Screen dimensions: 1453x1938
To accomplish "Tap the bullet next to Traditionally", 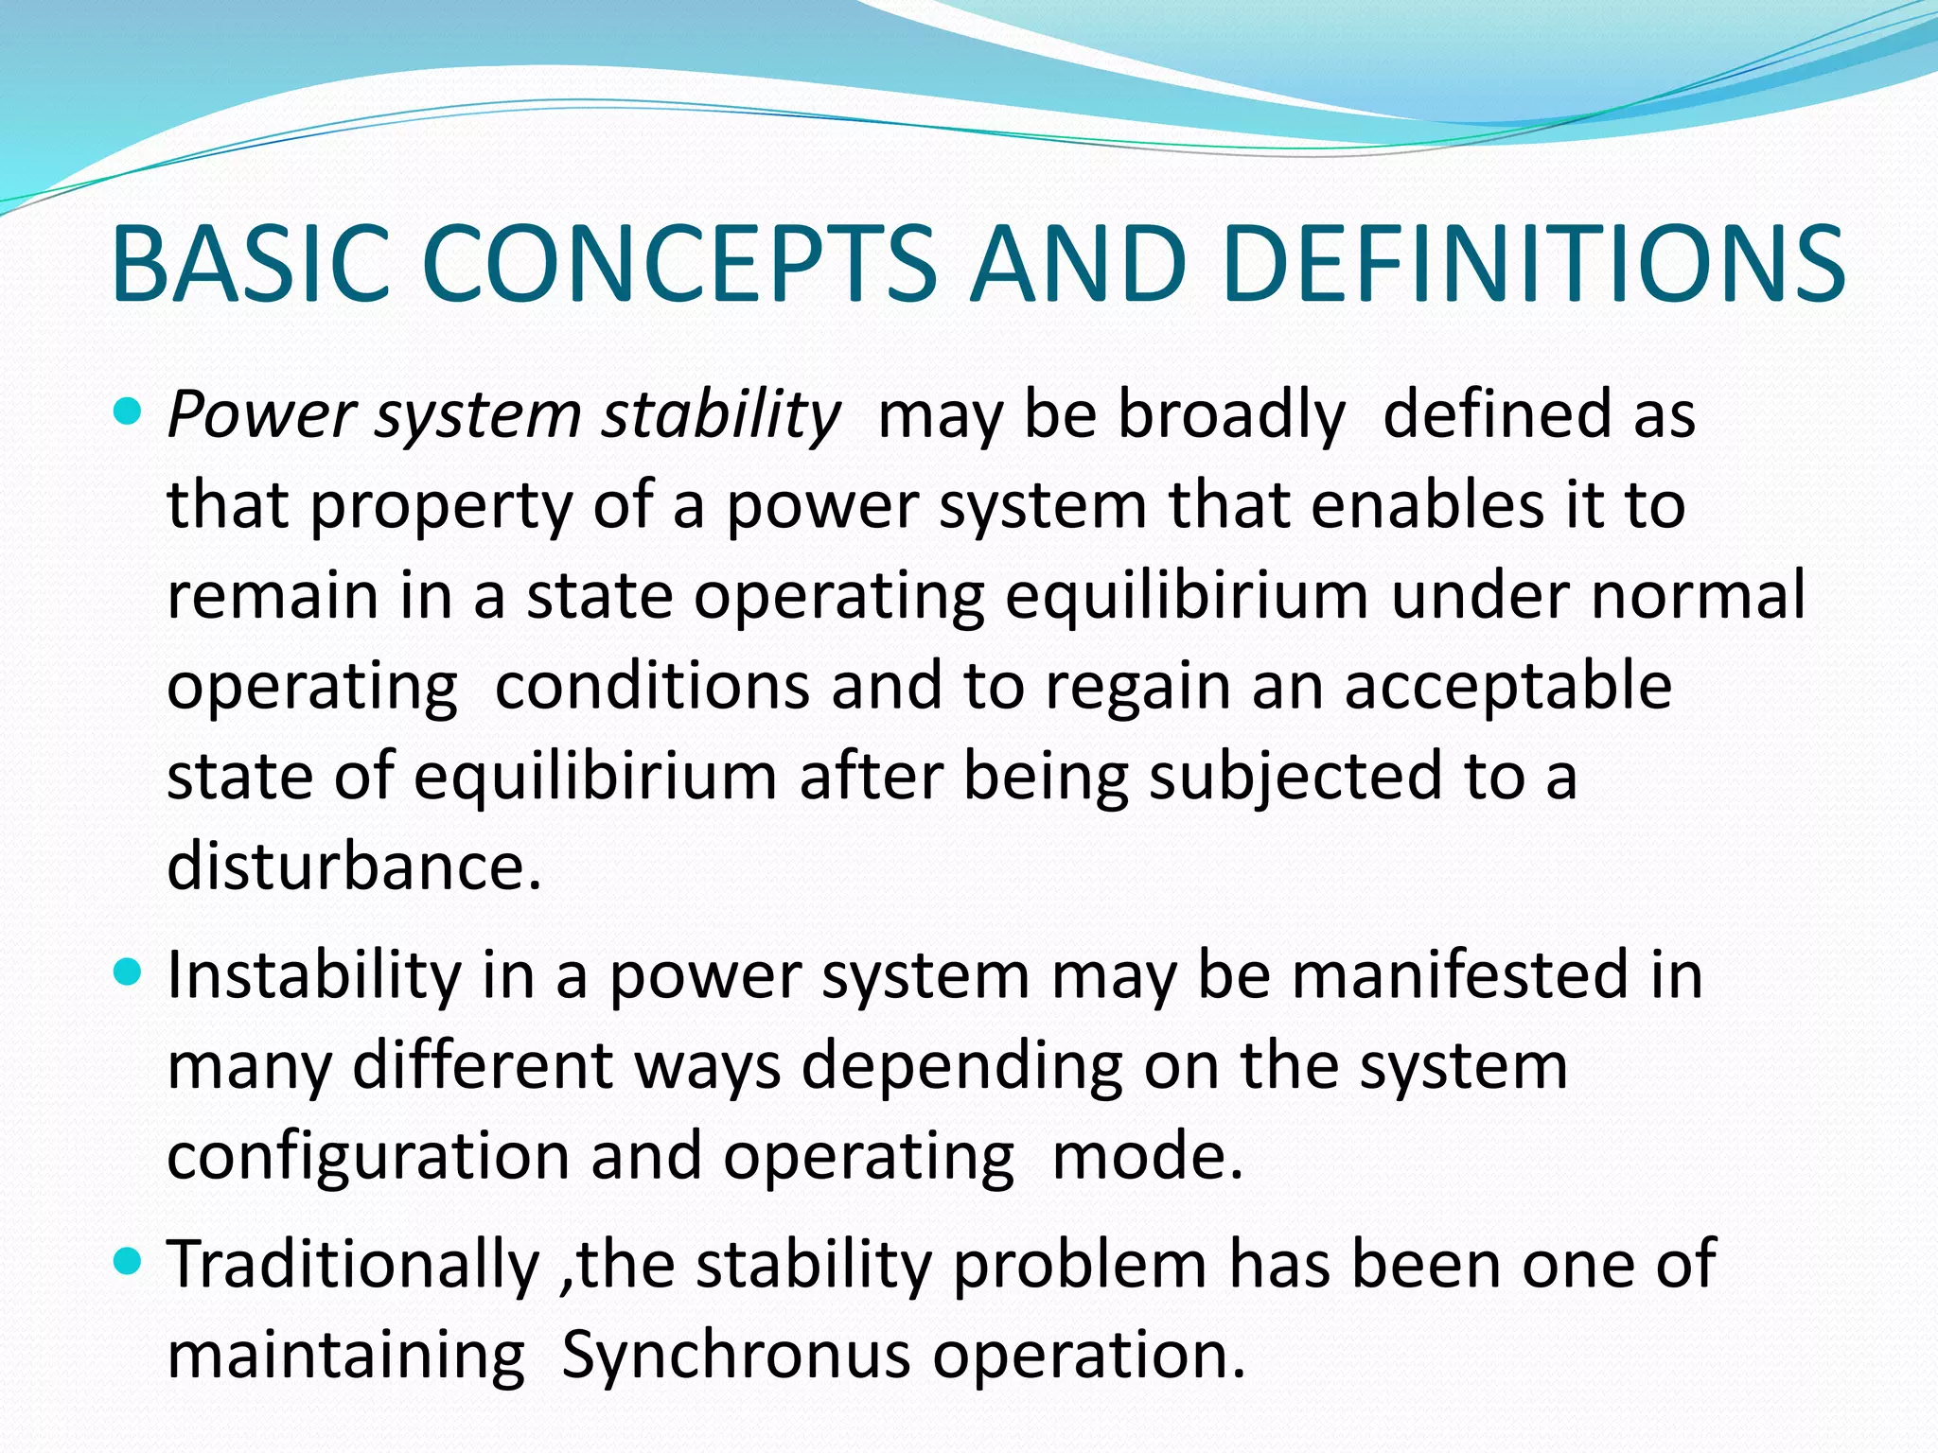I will click(126, 1261).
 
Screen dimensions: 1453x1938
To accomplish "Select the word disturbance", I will click(353, 865).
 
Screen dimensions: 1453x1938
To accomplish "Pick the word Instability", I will click(312, 974).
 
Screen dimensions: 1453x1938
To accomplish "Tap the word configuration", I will click(367, 1156).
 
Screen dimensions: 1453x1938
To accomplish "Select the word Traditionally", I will click(352, 1264).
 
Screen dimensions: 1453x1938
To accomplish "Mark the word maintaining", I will click(345, 1354).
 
